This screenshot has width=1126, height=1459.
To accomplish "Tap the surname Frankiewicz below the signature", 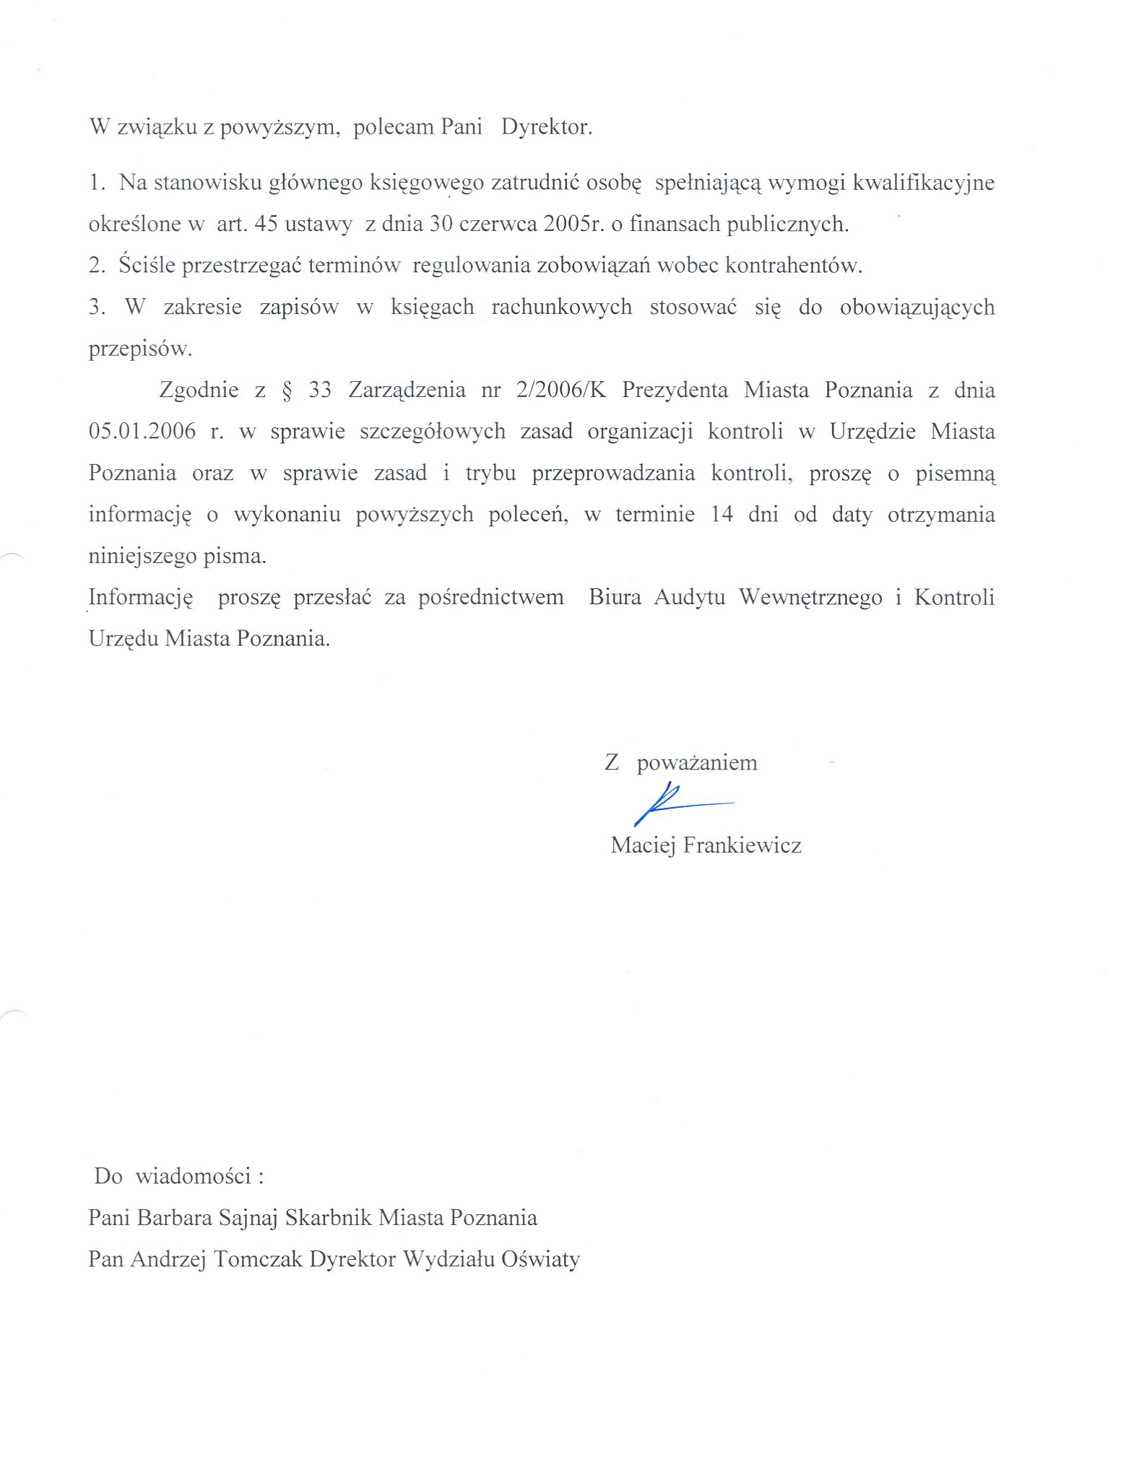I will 742,845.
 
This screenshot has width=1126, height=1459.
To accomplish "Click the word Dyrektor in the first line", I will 546,128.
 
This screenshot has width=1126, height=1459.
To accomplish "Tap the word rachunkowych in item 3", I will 561,308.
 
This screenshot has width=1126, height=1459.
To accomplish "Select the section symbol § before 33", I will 287,391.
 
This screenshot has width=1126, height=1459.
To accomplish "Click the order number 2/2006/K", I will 561,391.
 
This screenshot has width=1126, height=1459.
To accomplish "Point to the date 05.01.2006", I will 142,432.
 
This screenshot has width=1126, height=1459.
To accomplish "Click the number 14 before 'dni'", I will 722,515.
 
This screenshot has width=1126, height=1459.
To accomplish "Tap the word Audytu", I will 689,598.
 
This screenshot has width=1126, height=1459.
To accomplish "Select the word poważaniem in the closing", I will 696,763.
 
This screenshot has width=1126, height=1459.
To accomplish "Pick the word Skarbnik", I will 328,1219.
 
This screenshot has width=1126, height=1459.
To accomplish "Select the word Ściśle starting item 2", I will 147,266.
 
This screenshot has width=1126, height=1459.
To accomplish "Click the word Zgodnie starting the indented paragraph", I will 199,391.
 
